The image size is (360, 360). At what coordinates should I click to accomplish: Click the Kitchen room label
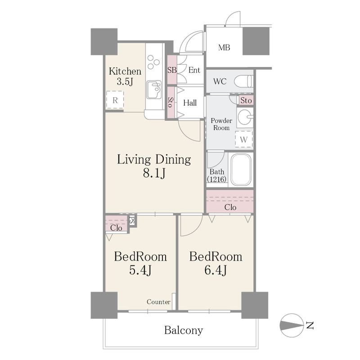pos(125,71)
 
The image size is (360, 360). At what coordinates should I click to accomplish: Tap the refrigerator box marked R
pos(115,100)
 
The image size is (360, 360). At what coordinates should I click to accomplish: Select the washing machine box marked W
pos(244,139)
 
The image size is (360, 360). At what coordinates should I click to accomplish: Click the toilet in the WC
pos(243,81)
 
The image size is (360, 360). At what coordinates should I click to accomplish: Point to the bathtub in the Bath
pos(241,170)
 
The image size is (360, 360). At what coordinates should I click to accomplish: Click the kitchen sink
pos(154,90)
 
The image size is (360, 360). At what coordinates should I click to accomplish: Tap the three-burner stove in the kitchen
pos(153,62)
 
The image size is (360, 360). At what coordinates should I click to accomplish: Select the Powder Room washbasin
pos(245,117)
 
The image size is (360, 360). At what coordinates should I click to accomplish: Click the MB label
pos(224,48)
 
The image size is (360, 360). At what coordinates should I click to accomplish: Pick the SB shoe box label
pos(172,70)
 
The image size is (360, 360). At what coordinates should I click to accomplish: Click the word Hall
pos(190,103)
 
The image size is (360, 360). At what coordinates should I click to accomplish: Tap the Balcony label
pos(184,330)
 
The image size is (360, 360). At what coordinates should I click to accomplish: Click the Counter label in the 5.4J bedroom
pos(159,301)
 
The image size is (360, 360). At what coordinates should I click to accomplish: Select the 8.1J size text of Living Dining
pos(154,173)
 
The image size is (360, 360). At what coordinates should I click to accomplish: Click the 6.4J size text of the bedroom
pos(216,270)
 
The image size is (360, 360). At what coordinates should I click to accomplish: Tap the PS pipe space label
pos(132,220)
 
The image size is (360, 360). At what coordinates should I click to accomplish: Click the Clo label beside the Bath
pos(230,207)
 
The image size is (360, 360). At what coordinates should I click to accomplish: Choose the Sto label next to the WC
pos(246,100)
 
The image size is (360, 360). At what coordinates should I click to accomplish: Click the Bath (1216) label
pos(217,175)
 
